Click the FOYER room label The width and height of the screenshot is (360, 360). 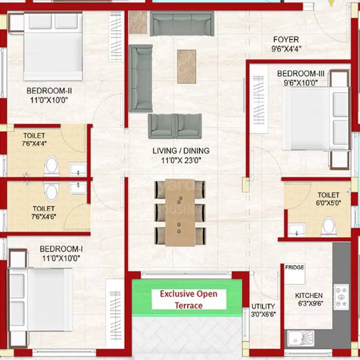(286, 40)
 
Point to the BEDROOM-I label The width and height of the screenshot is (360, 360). (61, 249)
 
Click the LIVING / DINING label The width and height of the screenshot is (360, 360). (181, 151)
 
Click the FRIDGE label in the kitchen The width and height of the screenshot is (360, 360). (294, 268)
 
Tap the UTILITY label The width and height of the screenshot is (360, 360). (263, 307)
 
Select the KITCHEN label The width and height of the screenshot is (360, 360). (309, 296)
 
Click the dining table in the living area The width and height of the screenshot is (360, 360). (180, 212)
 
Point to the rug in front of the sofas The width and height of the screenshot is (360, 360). (186, 66)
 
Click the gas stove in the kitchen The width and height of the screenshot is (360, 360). (341, 297)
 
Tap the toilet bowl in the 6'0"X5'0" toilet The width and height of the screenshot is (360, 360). (328, 225)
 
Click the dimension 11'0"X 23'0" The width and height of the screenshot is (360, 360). (181, 160)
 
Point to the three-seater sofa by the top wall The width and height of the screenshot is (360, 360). (182, 24)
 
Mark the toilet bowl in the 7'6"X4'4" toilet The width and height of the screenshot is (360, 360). (51, 166)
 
